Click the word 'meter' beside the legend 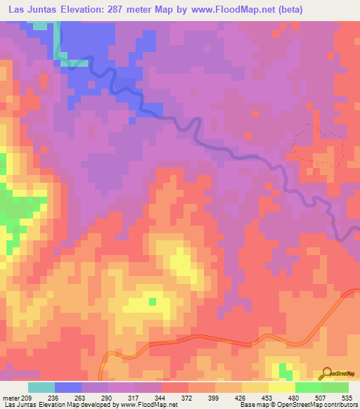click(10, 398)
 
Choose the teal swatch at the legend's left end click(41, 387)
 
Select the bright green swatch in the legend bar click(309, 387)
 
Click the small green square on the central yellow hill click(152, 301)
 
